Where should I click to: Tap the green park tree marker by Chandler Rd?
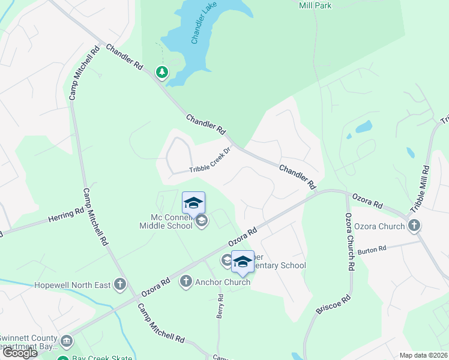161,73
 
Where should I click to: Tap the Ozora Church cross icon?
414,226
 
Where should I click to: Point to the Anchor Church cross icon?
185,281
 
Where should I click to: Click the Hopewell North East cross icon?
120,284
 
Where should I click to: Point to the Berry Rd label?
220,306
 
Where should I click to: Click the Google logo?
19,353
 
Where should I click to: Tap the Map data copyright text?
423,355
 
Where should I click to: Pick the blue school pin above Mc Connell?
193,203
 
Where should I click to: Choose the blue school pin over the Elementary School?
243,262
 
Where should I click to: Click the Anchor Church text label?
223,282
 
